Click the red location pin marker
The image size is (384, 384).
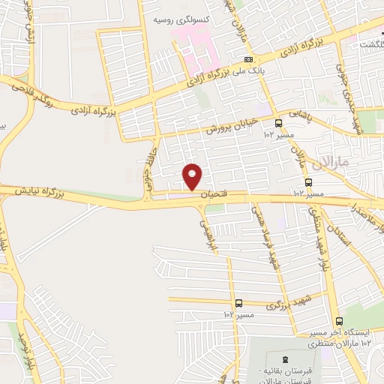[193, 176]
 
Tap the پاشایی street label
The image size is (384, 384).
[299, 112]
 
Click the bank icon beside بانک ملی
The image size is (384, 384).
[248, 59]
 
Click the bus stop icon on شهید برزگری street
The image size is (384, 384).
[238, 303]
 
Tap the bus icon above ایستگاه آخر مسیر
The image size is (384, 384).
[339, 320]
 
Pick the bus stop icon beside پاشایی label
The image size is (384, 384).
[277, 123]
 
